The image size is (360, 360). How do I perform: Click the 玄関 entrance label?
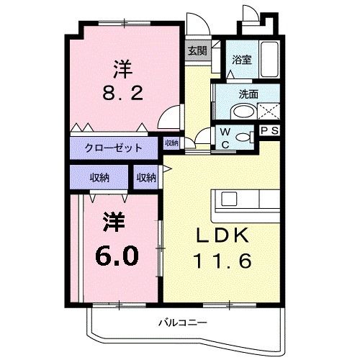(197, 51)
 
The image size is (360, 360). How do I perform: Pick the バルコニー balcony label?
(180, 323)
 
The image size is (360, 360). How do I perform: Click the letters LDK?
(219, 235)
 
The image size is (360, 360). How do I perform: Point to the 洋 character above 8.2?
(122, 69)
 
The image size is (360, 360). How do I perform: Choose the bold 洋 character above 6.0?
(112, 222)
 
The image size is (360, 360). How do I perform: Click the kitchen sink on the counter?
(230, 198)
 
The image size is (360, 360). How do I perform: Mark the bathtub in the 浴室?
(270, 60)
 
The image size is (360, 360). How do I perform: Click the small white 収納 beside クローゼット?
(171, 143)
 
